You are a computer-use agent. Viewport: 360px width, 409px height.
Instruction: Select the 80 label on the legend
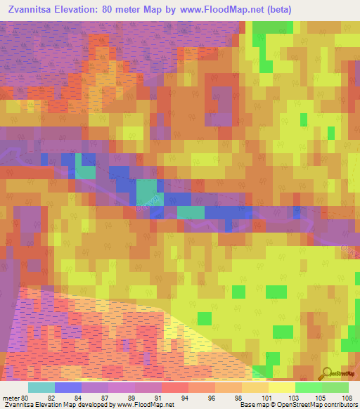27,397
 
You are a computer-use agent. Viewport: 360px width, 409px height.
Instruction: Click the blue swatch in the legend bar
68,387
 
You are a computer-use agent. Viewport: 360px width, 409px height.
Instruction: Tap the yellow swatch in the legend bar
281,387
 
